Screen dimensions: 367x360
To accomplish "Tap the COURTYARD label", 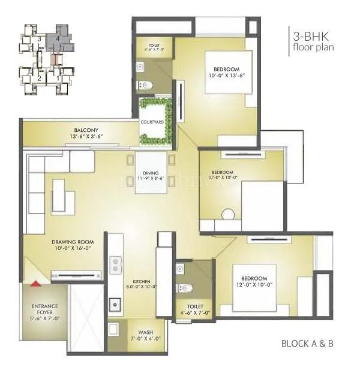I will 153,122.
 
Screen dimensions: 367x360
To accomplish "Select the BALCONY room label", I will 86,130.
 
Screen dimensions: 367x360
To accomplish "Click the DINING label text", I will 151,173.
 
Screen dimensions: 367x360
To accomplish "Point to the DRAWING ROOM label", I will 71,241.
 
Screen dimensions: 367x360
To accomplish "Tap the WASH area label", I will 144,332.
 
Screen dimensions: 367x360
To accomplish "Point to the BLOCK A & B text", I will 307,344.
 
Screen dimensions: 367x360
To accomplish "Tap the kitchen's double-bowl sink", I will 116,264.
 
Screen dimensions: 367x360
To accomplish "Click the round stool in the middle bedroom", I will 228,214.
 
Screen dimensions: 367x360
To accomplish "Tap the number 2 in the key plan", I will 39,77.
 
